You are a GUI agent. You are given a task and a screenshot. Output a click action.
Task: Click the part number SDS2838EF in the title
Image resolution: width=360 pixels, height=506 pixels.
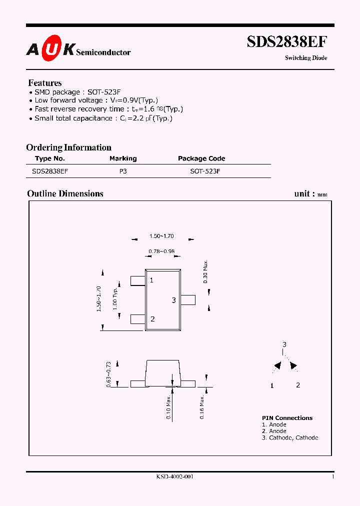(x=287, y=42)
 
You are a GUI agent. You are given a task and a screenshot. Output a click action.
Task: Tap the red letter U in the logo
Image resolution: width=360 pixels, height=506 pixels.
(x=51, y=48)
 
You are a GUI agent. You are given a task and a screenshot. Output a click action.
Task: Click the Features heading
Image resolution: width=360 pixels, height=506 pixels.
(x=45, y=83)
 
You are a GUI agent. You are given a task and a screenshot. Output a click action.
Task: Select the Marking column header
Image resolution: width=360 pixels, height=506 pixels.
(x=123, y=158)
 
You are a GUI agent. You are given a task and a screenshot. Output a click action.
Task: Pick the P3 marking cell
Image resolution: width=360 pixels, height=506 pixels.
(x=123, y=171)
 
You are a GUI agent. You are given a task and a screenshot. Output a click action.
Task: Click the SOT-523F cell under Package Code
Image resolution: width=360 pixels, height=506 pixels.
(x=205, y=171)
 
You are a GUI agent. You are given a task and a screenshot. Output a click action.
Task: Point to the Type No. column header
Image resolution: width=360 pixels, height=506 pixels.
(x=50, y=158)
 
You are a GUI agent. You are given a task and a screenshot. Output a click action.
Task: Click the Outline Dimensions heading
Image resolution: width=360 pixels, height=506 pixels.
(x=65, y=193)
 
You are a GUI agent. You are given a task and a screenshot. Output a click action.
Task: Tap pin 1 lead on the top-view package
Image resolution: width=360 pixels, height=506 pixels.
(x=137, y=280)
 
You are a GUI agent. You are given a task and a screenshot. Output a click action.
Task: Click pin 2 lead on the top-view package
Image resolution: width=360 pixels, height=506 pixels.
(x=137, y=318)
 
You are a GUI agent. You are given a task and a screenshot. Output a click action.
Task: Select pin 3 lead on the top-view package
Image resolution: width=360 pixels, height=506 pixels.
(x=188, y=299)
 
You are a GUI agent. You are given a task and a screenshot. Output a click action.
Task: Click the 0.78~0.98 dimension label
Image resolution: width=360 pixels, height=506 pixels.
(x=161, y=251)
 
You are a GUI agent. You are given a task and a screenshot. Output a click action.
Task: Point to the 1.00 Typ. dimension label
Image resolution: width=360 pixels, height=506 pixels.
(x=116, y=298)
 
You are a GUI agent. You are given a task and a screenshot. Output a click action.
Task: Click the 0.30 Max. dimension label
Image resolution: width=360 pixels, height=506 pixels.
(x=205, y=271)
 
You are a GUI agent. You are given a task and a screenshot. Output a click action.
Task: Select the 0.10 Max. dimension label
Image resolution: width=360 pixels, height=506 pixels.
(x=168, y=407)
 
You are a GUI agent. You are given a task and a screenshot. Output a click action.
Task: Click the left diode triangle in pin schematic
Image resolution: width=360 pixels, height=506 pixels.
(x=277, y=366)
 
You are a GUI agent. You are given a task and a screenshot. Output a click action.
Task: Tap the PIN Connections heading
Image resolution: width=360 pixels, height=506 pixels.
(x=287, y=418)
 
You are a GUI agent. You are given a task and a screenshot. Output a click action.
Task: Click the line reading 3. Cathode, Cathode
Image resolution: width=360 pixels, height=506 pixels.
(x=289, y=437)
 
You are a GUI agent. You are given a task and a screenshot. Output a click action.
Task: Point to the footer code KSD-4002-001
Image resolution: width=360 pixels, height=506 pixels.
(x=175, y=477)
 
